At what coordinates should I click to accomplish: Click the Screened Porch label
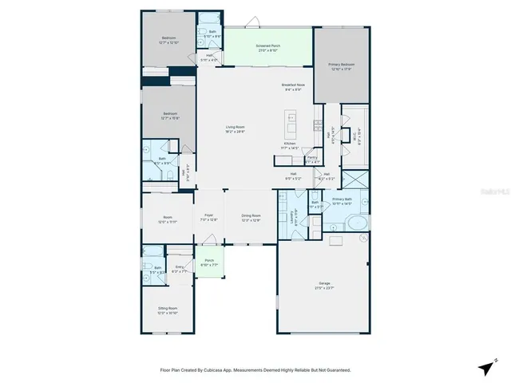click(267, 46)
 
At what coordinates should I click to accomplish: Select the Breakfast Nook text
click(291, 85)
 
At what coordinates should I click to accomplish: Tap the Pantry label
click(312, 159)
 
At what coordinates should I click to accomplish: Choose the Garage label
click(324, 282)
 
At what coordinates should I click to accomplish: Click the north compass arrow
click(485, 366)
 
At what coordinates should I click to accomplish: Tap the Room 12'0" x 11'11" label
click(168, 219)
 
